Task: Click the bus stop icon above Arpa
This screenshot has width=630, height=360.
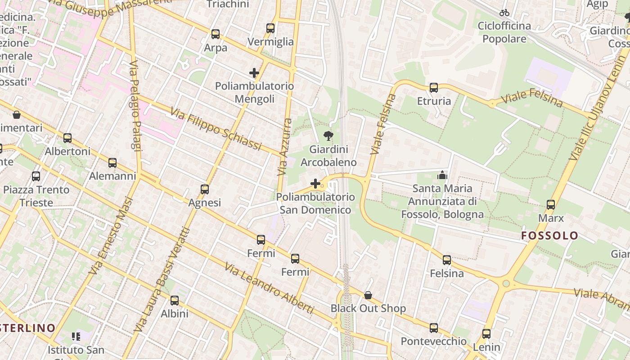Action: pos(216,34)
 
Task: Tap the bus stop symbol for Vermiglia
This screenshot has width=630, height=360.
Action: pos(270,28)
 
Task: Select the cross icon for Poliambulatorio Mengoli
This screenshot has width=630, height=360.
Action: pos(254,73)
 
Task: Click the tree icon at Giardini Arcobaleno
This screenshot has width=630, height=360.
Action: pos(328,135)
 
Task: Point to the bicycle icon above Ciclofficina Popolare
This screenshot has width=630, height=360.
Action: pos(504,13)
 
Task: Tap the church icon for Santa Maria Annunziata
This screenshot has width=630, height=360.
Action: pos(442,175)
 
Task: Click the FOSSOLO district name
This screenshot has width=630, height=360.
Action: pos(549,235)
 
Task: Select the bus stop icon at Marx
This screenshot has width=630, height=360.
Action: pos(550,205)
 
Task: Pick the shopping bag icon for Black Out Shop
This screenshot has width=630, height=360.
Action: pos(368,295)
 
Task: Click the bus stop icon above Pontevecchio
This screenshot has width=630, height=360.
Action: pos(434,328)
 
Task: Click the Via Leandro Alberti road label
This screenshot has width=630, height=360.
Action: pos(269,288)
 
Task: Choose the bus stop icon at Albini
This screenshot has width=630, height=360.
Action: pos(175,301)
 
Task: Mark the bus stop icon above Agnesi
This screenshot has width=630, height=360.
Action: pos(205,189)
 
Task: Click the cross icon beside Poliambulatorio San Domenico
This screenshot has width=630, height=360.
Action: pos(315,184)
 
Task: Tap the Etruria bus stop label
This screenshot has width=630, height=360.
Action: pos(434,101)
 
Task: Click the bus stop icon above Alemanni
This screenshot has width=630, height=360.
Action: pos(112,163)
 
